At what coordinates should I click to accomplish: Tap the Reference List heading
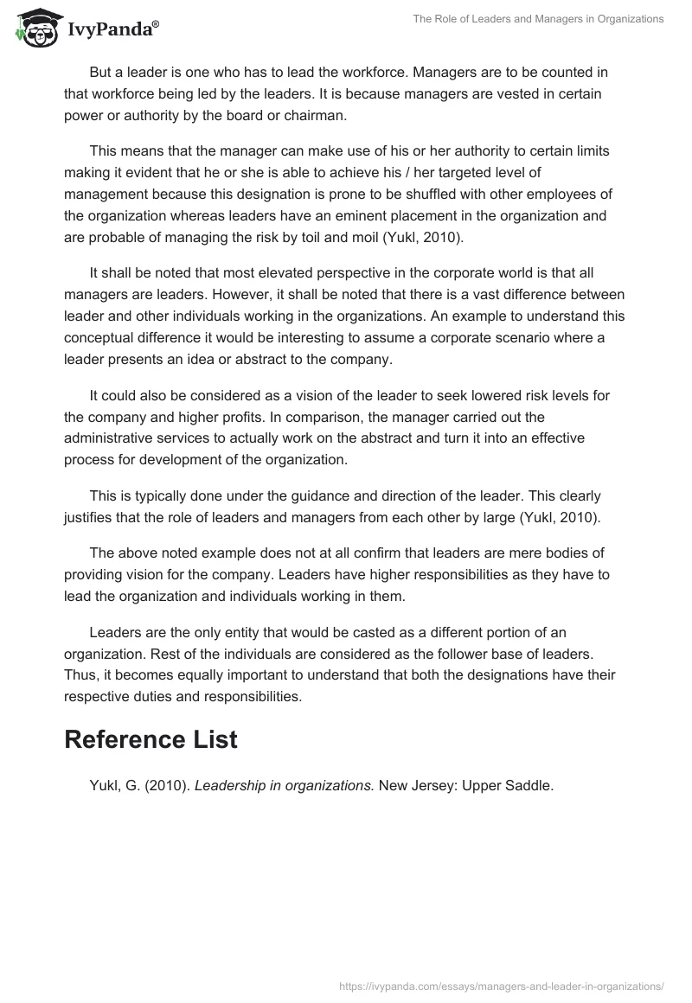pyautogui.click(x=151, y=739)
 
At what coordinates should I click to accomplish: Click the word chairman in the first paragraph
pyautogui.click(x=320, y=116)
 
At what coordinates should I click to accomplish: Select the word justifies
pyautogui.click(x=92, y=519)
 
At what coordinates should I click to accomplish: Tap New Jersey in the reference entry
pyautogui.click(x=414, y=787)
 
